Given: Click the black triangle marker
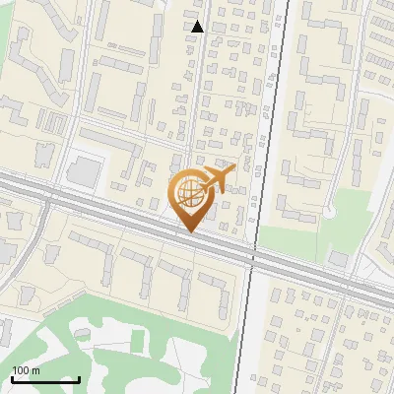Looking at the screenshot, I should pyautogui.click(x=198, y=27).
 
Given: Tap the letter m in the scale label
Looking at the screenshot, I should pyautogui.click(x=36, y=370).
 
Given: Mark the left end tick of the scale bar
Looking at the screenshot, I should pyautogui.click(x=12, y=378).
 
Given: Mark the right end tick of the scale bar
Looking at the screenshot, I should pyautogui.click(x=79, y=378).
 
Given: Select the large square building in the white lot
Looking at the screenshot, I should pyautogui.click(x=85, y=172).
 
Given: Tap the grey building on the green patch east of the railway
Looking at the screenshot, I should pyautogui.click(x=338, y=258).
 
